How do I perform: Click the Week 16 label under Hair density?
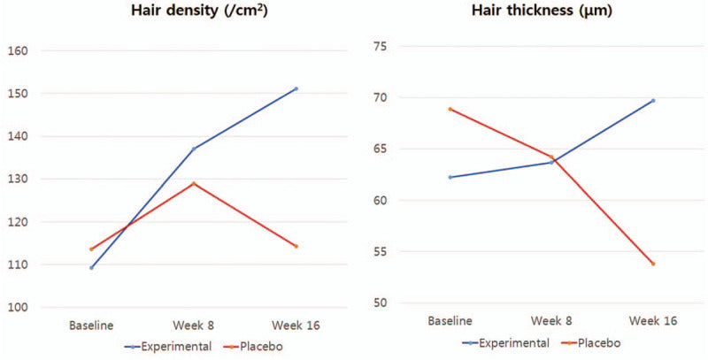296,326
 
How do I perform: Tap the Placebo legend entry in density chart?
258,346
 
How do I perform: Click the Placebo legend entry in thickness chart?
600,341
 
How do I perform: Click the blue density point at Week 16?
296,88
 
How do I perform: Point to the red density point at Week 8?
194,183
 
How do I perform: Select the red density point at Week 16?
296,246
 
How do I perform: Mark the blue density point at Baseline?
91,267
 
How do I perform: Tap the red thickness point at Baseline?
450,109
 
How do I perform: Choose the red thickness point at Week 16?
653,264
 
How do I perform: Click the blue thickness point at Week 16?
653,100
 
